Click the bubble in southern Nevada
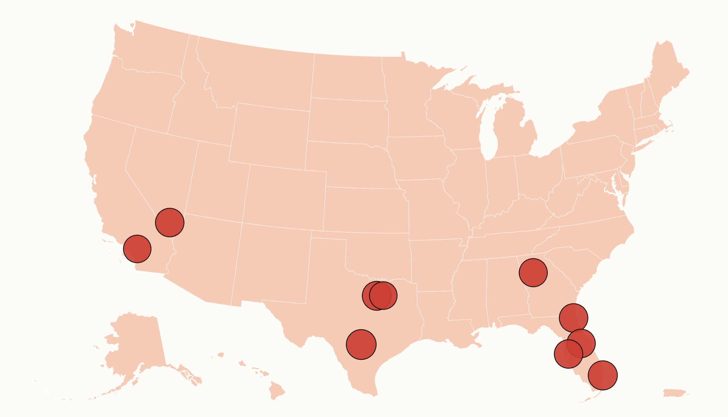(x=170, y=223)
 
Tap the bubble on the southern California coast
(x=137, y=249)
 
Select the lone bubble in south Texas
(x=361, y=344)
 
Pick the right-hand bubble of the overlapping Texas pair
(x=383, y=295)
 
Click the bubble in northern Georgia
(x=533, y=272)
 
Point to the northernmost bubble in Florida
(x=573, y=318)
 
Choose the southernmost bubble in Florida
(x=603, y=375)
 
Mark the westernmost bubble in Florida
(x=568, y=354)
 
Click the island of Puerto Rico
(x=675, y=393)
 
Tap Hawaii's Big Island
(x=277, y=391)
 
